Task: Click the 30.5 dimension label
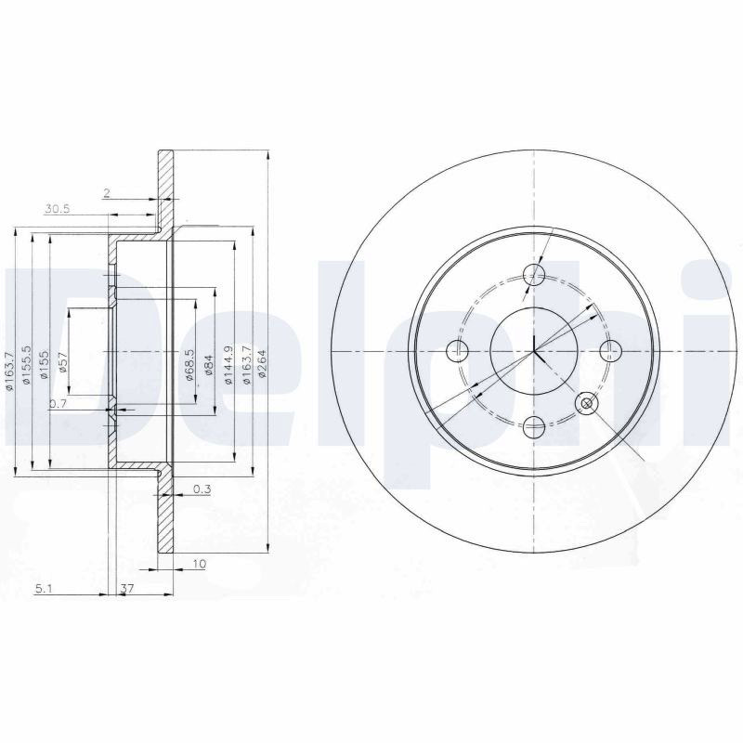[x=57, y=208]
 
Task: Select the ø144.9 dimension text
[x=229, y=365]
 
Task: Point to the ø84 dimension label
[x=208, y=365]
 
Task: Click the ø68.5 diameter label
[x=189, y=365]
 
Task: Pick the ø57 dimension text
[x=64, y=362]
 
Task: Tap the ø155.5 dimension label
[x=27, y=365]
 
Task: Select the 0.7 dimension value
[x=58, y=404]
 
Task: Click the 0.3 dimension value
[x=202, y=489]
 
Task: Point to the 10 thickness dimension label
[x=200, y=564]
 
